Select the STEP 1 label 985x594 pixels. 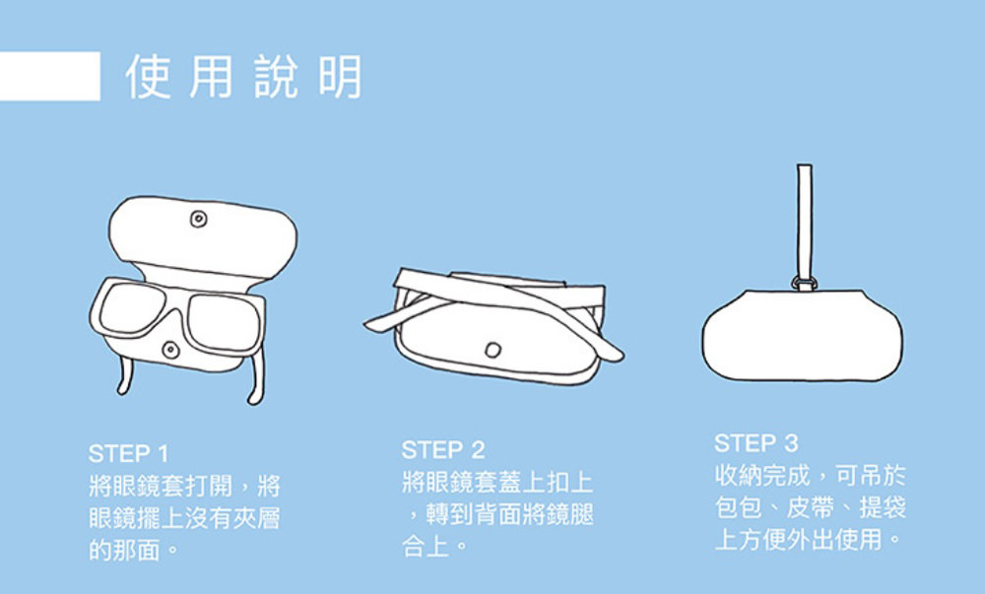[x=128, y=454]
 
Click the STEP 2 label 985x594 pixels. [x=442, y=451]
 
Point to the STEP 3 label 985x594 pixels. [x=755, y=441]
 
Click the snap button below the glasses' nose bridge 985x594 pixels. [x=171, y=350]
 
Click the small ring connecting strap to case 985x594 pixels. [x=803, y=285]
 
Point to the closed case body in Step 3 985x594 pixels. [x=802, y=335]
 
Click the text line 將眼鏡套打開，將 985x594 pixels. [x=184, y=486]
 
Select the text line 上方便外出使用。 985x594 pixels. [x=809, y=541]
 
